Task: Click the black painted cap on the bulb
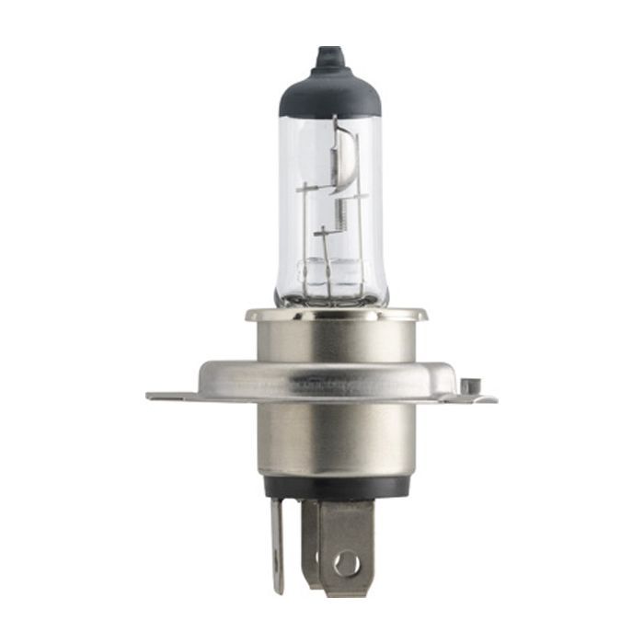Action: (329, 92)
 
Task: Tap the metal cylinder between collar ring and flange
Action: (333, 340)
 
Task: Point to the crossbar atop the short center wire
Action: (324, 234)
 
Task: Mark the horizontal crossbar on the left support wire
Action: (309, 189)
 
